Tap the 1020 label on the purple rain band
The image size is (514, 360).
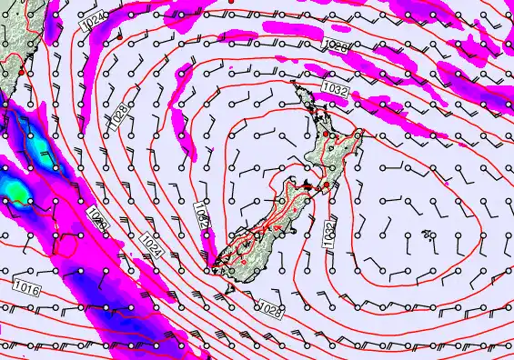99,218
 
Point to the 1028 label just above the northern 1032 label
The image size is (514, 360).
337,45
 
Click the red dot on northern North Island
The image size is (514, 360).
326,134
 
